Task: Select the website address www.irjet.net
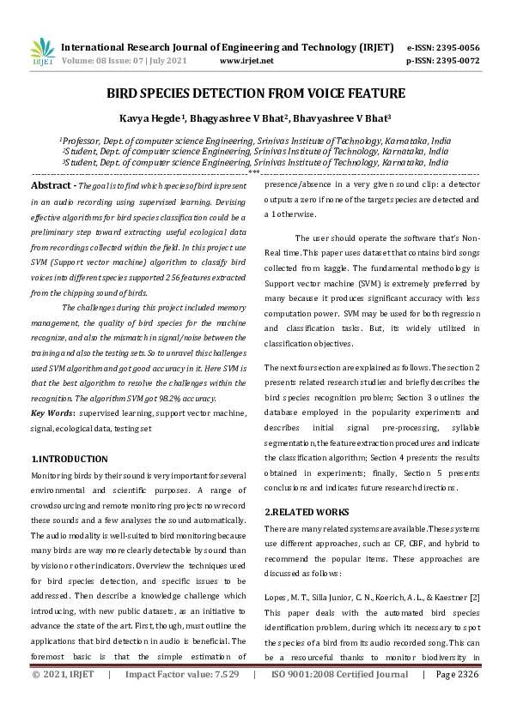tap(246, 62)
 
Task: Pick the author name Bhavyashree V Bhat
tap(351, 119)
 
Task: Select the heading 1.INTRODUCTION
tap(70, 459)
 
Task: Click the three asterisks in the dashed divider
tap(254, 172)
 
